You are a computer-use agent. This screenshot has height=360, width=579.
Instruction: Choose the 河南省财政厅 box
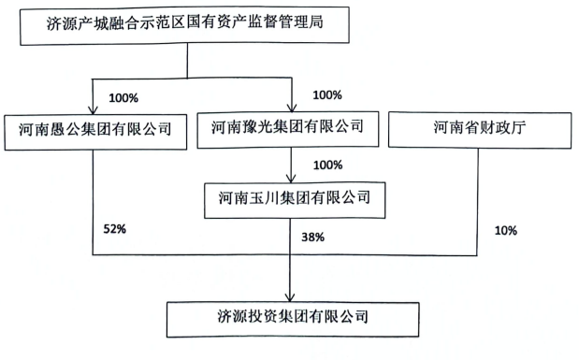coord(481,129)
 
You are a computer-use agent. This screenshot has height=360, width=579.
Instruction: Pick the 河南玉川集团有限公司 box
coord(295,197)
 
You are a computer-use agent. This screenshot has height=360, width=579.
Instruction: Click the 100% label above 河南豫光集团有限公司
coord(327,95)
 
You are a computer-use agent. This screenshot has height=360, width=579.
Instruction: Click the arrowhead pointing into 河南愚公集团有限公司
coord(94,108)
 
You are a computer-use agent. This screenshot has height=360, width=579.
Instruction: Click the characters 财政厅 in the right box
coord(504,129)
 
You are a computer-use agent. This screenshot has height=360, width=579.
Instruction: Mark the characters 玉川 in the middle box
coord(264,197)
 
